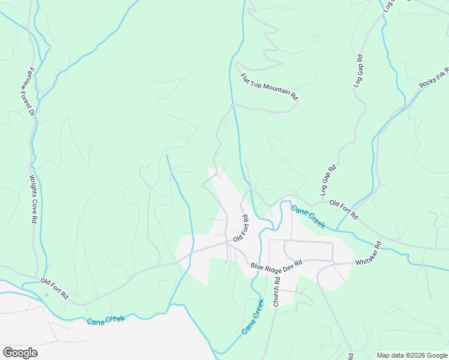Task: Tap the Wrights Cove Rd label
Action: pos(33,199)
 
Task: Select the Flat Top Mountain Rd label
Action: pos(269,86)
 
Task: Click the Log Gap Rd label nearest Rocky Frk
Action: pos(358,72)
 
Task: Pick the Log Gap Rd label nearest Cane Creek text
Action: pos(328,180)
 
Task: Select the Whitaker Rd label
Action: pos(369,254)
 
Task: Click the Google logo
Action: pos(20,353)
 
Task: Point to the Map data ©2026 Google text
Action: pos(412,355)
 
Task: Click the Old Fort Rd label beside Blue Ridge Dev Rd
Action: pos(241,228)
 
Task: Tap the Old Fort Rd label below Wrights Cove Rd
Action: pos(55,289)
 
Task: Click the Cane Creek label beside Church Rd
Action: pos(253,317)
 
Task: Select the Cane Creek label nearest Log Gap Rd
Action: pos(308,217)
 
